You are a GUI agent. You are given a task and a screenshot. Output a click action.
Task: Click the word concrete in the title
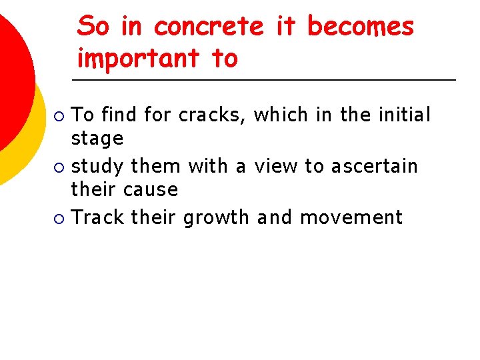point(208,27)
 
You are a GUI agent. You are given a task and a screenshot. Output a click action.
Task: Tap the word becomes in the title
point(360,27)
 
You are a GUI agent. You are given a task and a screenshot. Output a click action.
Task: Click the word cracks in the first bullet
point(213,115)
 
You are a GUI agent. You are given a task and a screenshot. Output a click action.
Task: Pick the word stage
point(97,139)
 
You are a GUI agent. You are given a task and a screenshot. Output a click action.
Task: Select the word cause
point(153,190)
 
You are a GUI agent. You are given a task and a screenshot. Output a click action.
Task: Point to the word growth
point(216,217)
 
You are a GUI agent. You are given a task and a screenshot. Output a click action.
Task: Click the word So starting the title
point(93,27)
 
